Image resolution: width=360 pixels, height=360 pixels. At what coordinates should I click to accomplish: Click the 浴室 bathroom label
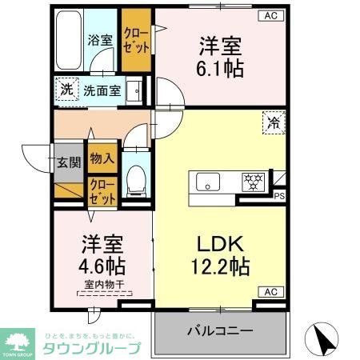99,38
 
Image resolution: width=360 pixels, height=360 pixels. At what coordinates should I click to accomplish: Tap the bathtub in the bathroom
73,40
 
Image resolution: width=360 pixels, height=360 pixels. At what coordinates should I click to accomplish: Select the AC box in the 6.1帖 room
270,15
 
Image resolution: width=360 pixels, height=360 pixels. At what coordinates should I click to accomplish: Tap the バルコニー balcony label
220,330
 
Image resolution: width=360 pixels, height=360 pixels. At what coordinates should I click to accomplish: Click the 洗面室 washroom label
103,90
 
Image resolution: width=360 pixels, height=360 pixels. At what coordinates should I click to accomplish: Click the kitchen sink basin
208,182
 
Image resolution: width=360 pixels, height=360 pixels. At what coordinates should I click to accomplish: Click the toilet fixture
135,178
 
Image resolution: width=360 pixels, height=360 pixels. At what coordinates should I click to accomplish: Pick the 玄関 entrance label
69,162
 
